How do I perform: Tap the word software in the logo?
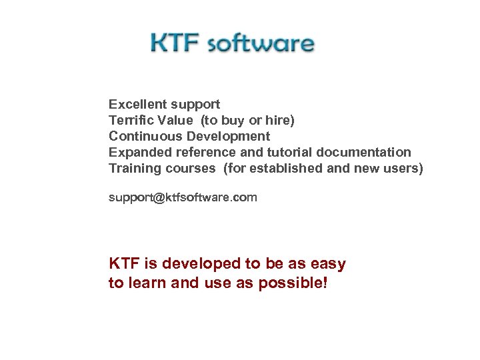coord(261,43)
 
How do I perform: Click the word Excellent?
coord(138,105)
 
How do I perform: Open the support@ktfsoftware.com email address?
coord(183,198)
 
